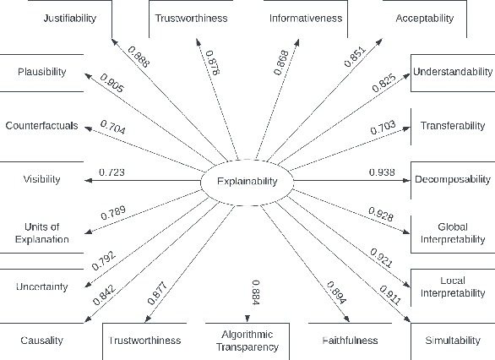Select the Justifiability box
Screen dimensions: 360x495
coord(69,18)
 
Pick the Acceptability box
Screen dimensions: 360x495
coord(425,18)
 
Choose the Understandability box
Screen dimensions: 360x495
coord(452,72)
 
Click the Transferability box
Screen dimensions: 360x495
coord(452,126)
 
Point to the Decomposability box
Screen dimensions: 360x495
coord(452,179)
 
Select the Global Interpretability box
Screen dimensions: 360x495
coord(452,232)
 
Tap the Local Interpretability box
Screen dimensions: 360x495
coord(452,286)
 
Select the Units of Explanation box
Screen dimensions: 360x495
coord(41,232)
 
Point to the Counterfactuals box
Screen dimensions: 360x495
coord(41,126)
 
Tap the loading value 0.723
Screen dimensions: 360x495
coord(112,172)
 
